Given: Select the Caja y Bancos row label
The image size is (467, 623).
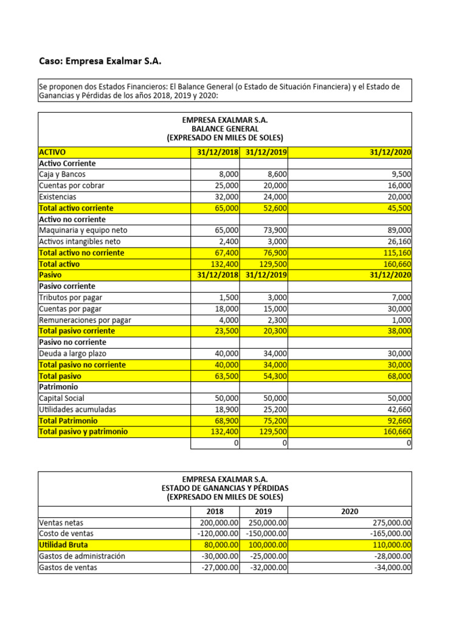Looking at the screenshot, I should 62,175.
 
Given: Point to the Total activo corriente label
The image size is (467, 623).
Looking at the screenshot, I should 76,208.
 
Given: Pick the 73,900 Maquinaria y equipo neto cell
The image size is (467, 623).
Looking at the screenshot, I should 273,231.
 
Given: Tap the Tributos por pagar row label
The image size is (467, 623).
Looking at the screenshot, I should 71,298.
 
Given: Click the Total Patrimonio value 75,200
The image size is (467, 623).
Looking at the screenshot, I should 273,420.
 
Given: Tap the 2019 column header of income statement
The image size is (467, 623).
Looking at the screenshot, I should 263,512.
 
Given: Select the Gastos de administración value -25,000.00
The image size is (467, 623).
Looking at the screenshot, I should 267,556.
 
